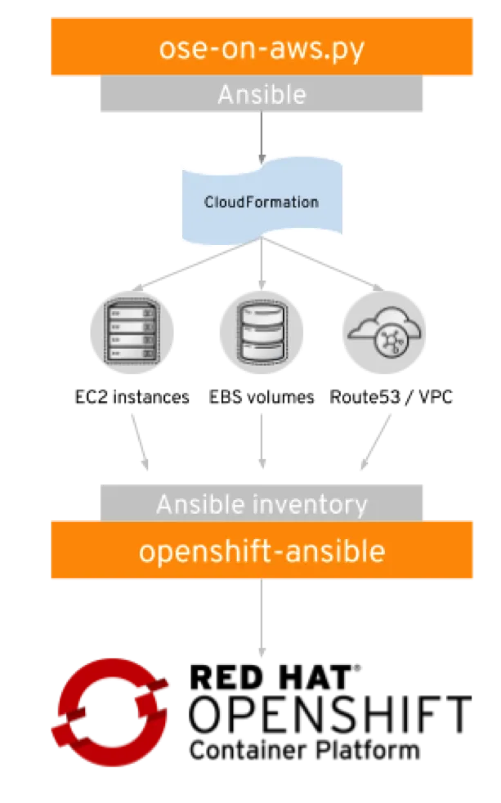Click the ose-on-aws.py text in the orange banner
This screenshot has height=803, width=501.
pyautogui.click(x=262, y=49)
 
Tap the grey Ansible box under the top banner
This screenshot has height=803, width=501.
pyautogui.click(x=262, y=94)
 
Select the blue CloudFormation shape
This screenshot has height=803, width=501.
pyautogui.click(x=262, y=201)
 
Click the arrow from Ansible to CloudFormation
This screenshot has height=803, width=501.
pyautogui.click(x=262, y=138)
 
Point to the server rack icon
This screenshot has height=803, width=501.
pyautogui.click(x=132, y=332)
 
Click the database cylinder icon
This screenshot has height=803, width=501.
pyautogui.click(x=262, y=332)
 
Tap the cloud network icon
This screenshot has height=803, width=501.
pyautogui.click(x=384, y=332)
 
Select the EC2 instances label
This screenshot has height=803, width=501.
pyautogui.click(x=132, y=397)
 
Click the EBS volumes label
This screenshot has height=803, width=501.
pyautogui.click(x=262, y=397)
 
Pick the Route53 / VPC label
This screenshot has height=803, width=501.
pyautogui.click(x=391, y=397)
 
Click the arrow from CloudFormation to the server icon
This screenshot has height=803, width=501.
pyautogui.click(x=198, y=264)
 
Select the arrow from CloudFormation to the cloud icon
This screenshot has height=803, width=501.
pyautogui.click(x=323, y=264)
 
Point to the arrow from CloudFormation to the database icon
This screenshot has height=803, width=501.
pyautogui.click(x=262, y=264)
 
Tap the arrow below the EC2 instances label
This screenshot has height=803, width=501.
pyautogui.click(x=140, y=441)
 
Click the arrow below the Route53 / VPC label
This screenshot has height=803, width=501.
pyautogui.click(x=376, y=441)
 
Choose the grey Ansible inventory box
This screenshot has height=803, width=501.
pyautogui.click(x=262, y=503)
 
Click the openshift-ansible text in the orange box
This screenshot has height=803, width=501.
pyautogui.click(x=262, y=551)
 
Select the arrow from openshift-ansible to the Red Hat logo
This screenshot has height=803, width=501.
pyautogui.click(x=262, y=618)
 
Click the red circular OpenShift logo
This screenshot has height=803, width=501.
pyautogui.click(x=110, y=712)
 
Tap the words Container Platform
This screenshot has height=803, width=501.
pyautogui.click(x=305, y=750)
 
